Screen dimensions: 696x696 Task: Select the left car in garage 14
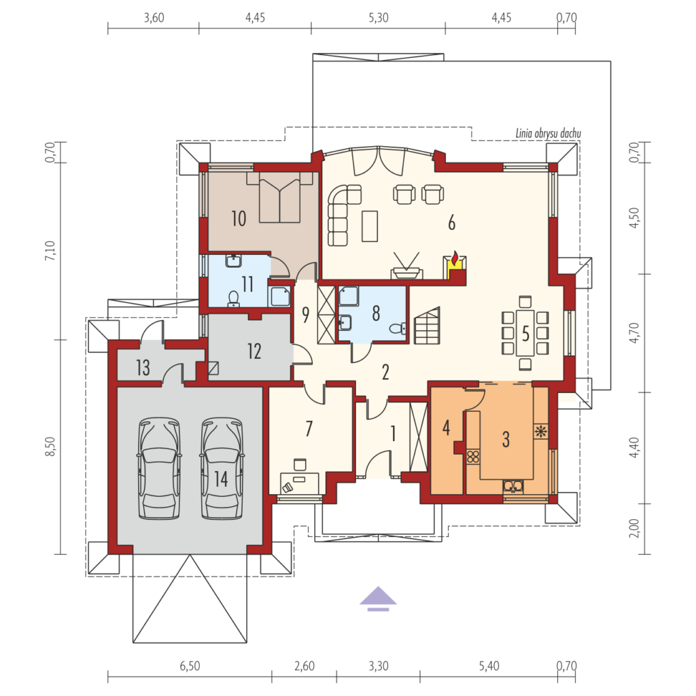pos(159,468)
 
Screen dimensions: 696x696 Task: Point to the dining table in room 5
pos(525,332)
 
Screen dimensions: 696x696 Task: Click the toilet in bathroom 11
pos(234,299)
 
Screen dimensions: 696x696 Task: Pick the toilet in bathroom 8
pos(397,328)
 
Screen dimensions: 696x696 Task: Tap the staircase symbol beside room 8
pos(427,326)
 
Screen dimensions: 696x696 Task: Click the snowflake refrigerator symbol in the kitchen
pos(540,431)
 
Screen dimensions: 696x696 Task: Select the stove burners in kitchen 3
pos(473,456)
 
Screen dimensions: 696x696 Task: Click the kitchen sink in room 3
pos(513,487)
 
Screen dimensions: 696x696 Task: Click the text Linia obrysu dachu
pos(549,133)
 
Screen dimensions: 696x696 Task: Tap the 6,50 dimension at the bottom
pos(190,666)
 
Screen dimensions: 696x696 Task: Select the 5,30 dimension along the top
pos(378,18)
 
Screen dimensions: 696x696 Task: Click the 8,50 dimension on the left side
pos(50,447)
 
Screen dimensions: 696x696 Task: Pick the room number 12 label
pos(254,351)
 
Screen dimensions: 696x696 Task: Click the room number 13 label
pos(143,368)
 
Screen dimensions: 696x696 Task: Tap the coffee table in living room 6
pos(370,226)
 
